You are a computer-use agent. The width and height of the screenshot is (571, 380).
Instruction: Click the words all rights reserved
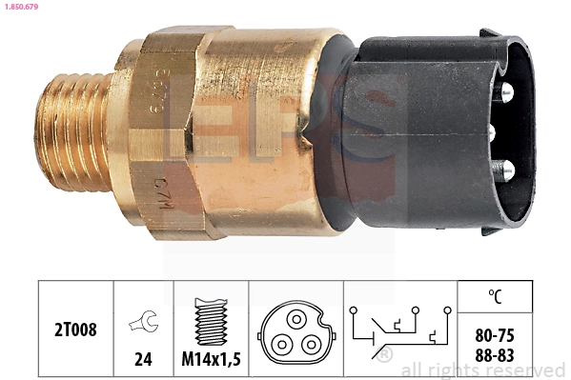click(482, 370)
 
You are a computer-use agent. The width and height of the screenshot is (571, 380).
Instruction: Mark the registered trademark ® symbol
click(383, 355)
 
